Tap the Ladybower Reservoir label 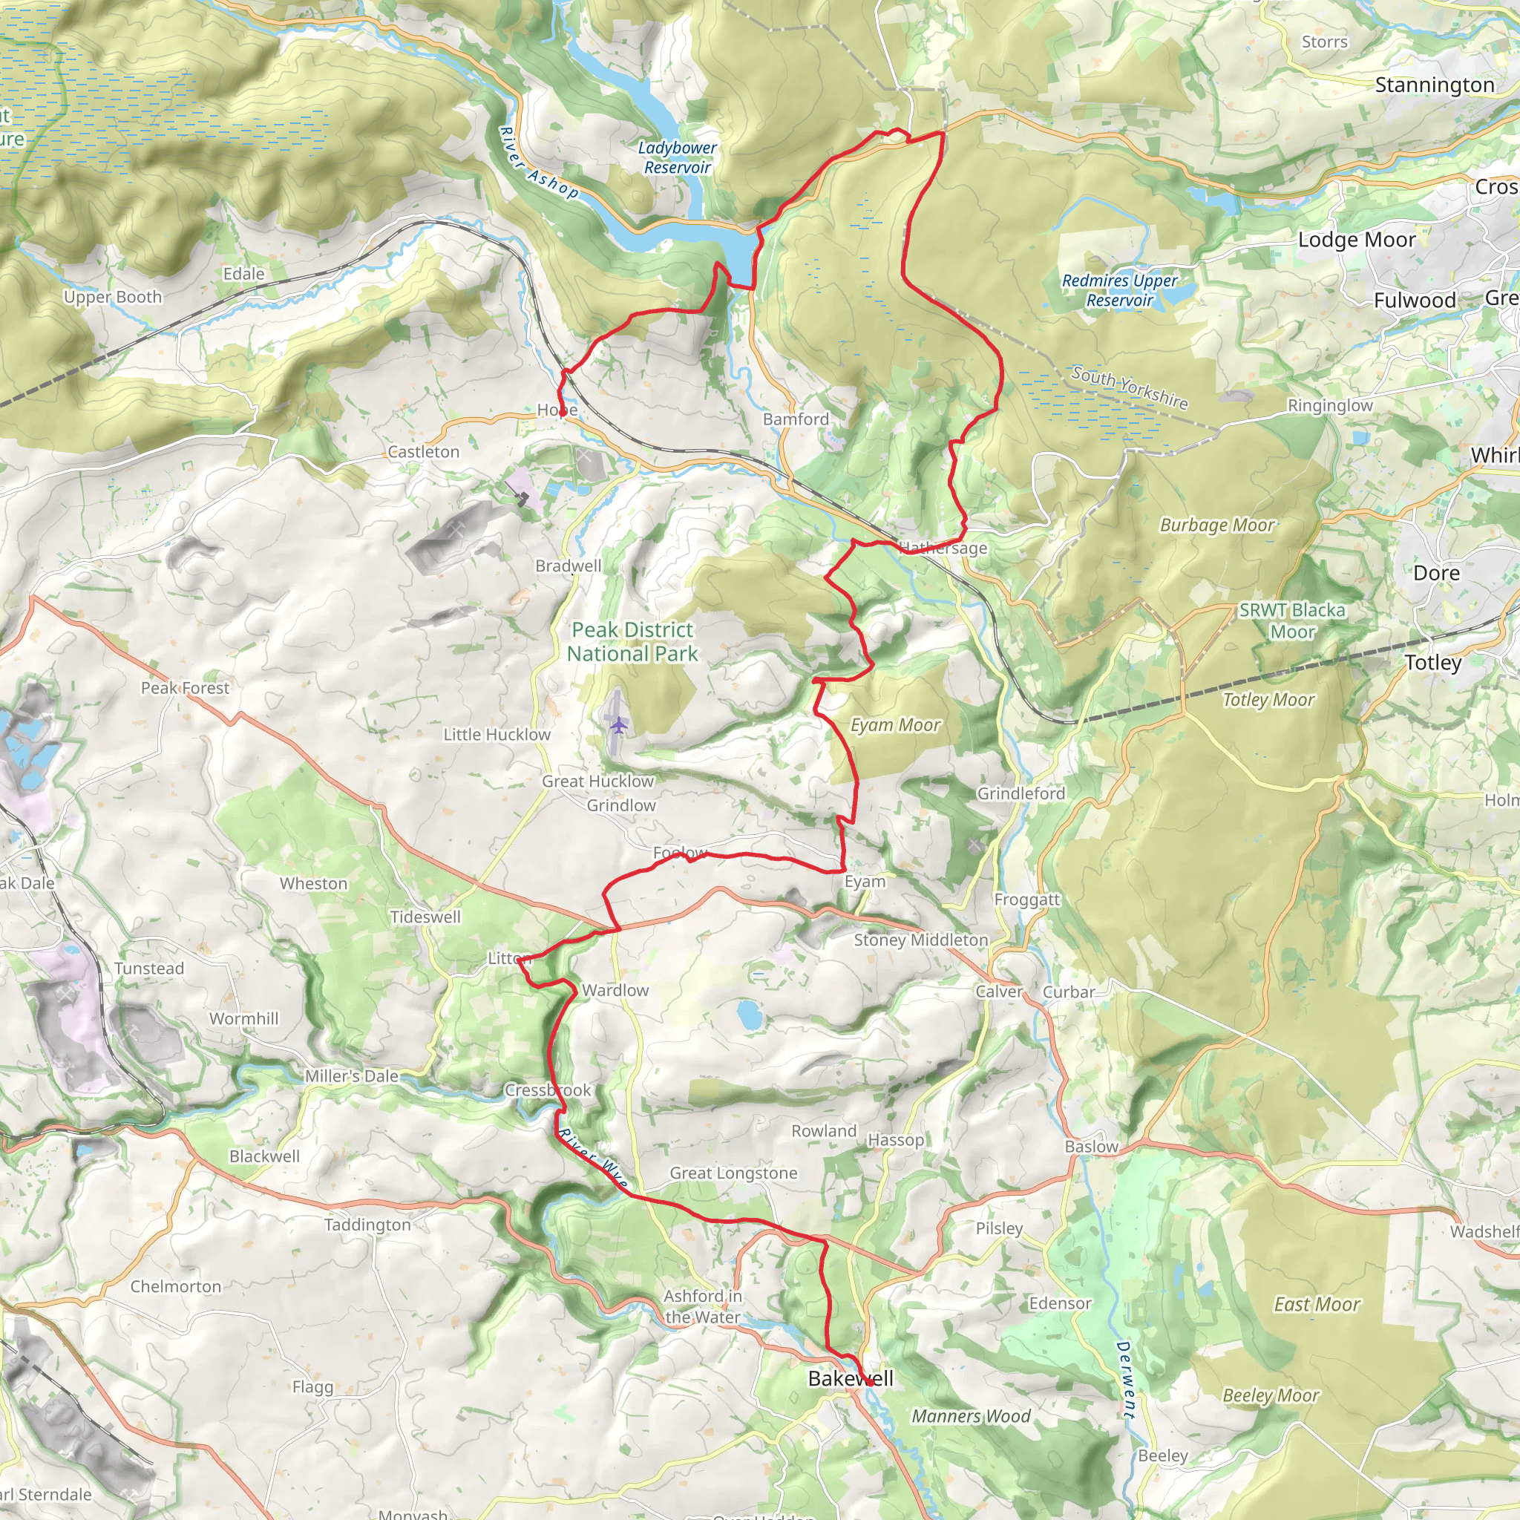click(x=677, y=157)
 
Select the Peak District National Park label click(x=632, y=641)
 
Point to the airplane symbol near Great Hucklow click(x=619, y=724)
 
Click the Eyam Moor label click(x=895, y=725)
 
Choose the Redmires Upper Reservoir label click(x=1119, y=290)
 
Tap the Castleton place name click(x=423, y=451)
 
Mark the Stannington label click(x=1434, y=85)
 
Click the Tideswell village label click(x=425, y=917)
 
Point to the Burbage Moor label click(x=1217, y=525)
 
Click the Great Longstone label click(x=733, y=1173)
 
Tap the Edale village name click(x=244, y=274)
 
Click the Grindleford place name click(x=1021, y=793)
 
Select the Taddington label click(x=367, y=1225)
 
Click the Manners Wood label click(x=971, y=1416)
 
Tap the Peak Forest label click(x=185, y=687)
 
